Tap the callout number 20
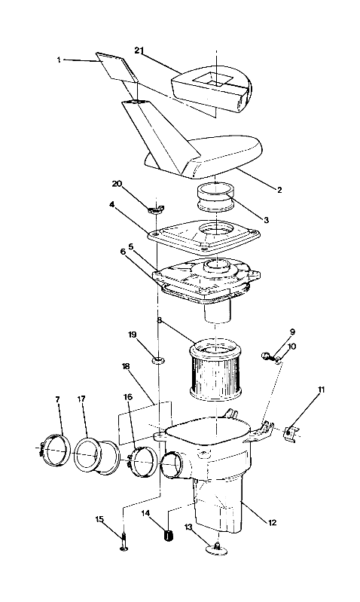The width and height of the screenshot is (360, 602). (x=117, y=183)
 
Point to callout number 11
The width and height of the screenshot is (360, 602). (x=321, y=390)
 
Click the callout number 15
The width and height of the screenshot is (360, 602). (x=99, y=518)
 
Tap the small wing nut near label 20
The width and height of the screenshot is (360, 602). (x=156, y=209)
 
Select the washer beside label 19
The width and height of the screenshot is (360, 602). (x=159, y=360)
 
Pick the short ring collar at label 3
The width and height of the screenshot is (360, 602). (x=216, y=199)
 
